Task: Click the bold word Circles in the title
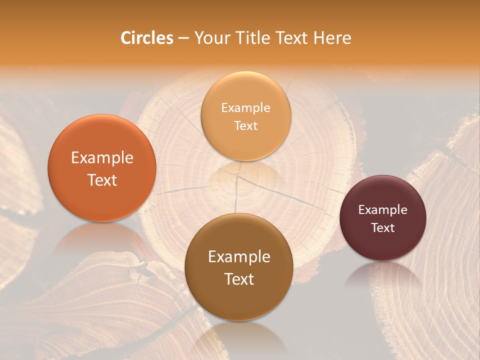click(146, 38)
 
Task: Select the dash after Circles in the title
click(183, 38)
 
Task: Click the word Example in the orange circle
click(102, 158)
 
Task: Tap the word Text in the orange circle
click(102, 180)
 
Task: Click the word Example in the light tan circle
click(245, 107)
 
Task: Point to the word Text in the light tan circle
click(245, 125)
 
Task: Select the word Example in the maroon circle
click(382, 210)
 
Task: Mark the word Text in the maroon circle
click(382, 228)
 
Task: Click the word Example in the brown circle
click(239, 257)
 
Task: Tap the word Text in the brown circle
click(239, 279)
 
